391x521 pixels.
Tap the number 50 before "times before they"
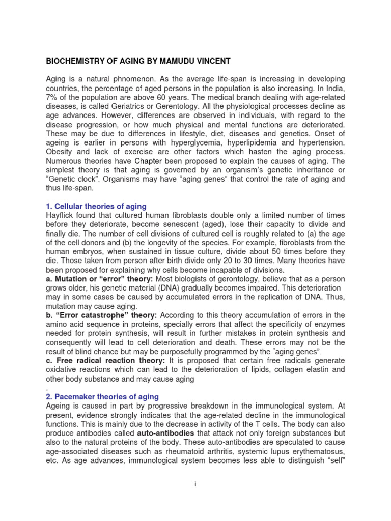(x=281, y=251)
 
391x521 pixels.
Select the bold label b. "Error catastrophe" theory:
(x=102, y=315)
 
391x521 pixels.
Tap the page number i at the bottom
(x=195, y=485)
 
